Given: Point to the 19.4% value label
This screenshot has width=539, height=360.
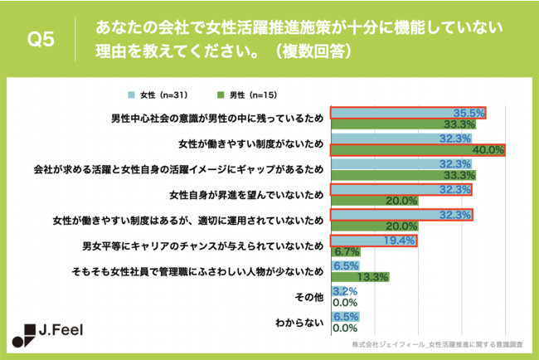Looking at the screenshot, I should coord(400,241).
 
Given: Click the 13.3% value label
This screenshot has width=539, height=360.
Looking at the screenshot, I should coord(373,278).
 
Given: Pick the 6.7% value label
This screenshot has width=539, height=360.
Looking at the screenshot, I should coord(346,251).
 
